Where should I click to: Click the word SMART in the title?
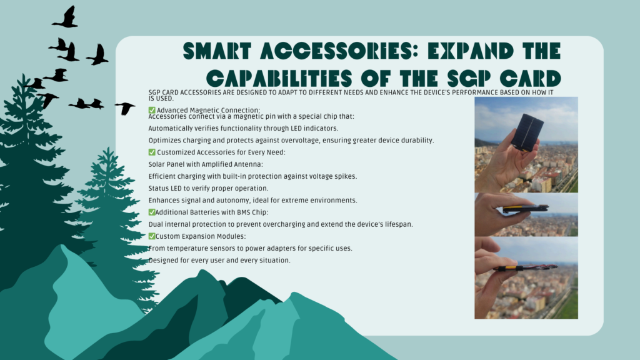coord(217,51)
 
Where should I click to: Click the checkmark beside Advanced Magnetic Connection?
coord(152,110)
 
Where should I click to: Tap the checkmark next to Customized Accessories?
coord(152,152)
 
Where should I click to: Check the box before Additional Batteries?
coord(152,212)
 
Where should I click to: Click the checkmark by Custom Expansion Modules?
coord(152,236)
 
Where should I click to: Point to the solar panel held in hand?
coord(527,132)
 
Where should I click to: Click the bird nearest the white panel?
coord(125,108)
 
